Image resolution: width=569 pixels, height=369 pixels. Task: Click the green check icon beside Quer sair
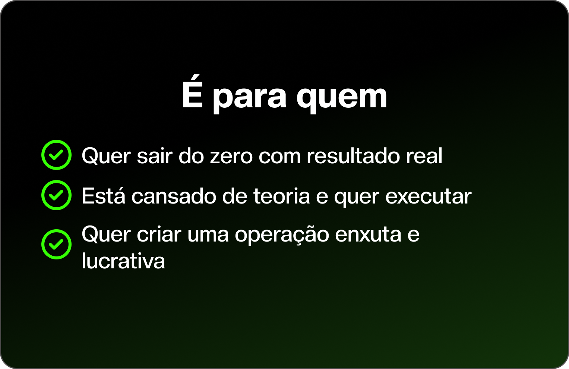[x=56, y=155]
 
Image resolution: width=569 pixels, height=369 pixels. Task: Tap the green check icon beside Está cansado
[x=56, y=195]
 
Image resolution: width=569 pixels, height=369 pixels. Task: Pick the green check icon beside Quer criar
[x=56, y=244]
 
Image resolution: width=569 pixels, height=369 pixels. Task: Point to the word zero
[x=231, y=156]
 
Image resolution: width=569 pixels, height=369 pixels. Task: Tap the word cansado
[x=174, y=196]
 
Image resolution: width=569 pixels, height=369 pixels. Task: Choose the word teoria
[x=281, y=196]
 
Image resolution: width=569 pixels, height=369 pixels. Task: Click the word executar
[x=428, y=196]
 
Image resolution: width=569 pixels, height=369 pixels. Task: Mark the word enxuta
[x=368, y=235]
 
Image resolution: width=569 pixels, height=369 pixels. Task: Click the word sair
[x=155, y=155]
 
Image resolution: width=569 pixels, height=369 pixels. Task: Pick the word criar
[x=159, y=234]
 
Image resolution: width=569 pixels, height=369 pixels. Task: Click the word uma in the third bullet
[x=208, y=236]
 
